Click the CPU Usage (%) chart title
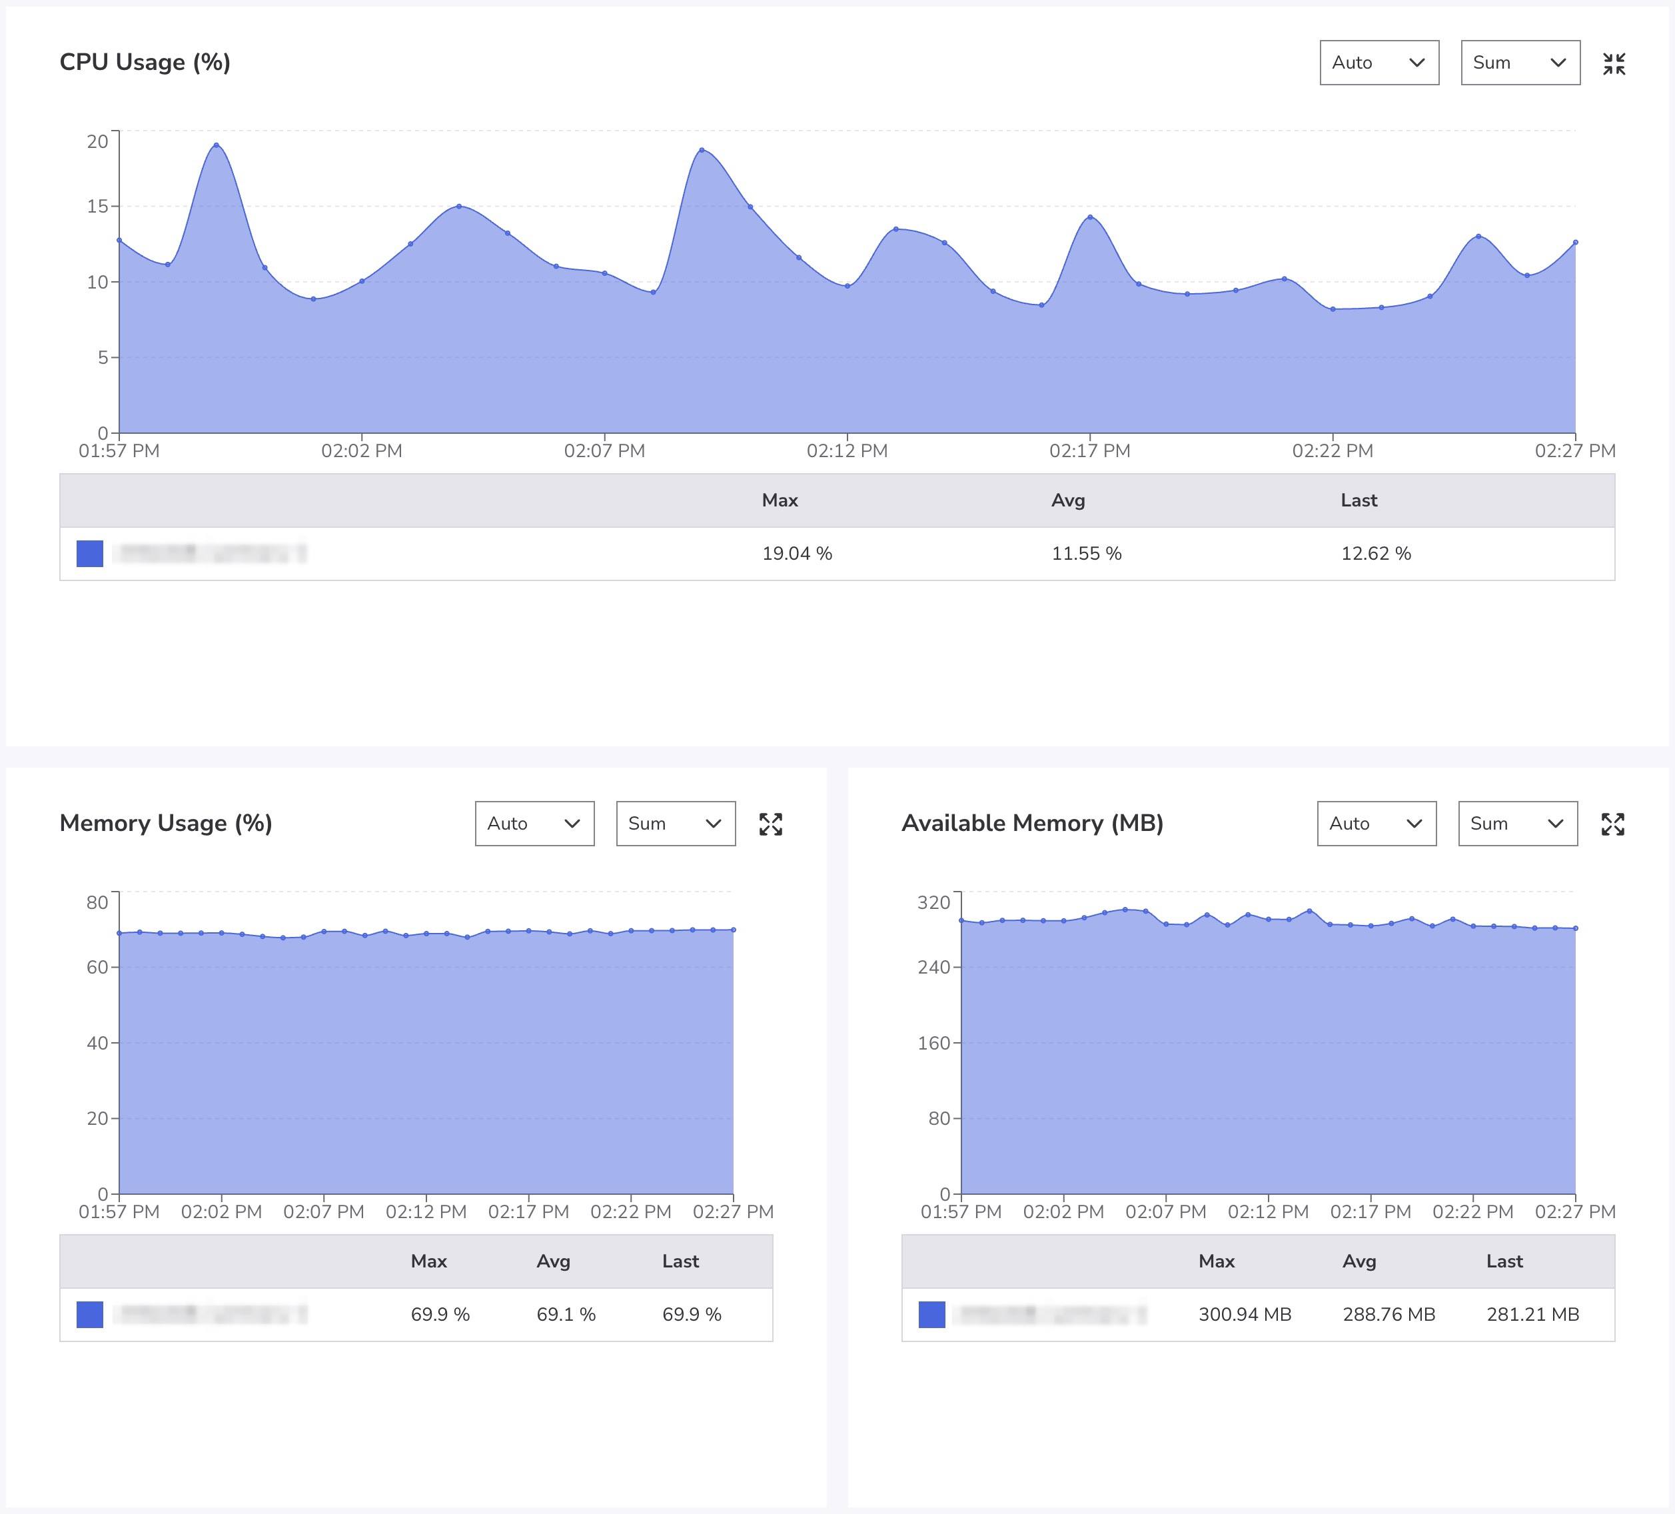[x=145, y=63]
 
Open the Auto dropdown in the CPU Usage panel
[x=1379, y=63]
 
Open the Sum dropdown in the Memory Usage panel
[x=675, y=824]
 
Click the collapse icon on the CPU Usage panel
[x=1614, y=63]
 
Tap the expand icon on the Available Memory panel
[x=1612, y=824]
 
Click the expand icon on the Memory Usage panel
[x=770, y=824]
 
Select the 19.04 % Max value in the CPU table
[x=796, y=553]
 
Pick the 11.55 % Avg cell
[x=1086, y=553]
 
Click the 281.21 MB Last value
[x=1532, y=1313]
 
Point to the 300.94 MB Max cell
[x=1244, y=1313]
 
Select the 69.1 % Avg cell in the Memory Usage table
[x=566, y=1313]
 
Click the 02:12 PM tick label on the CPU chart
[x=847, y=450]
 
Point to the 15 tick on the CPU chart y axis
[x=97, y=206]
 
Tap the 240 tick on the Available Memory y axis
[x=933, y=967]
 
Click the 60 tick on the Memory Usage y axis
[x=97, y=967]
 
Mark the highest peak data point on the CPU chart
[x=216, y=145]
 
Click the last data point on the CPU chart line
[x=1575, y=243]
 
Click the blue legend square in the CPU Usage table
[x=90, y=553]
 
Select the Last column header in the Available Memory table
[x=1504, y=1261]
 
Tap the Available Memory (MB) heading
[x=1032, y=824]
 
